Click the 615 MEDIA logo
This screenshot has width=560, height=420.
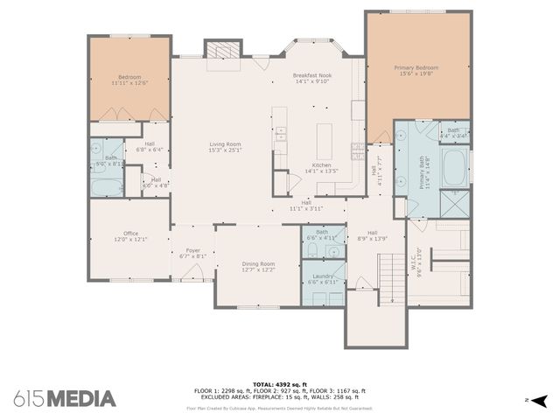click(x=65, y=398)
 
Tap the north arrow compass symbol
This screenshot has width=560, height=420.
click(x=539, y=400)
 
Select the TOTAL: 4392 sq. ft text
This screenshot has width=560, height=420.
click(x=280, y=384)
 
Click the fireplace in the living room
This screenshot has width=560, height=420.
click(x=220, y=51)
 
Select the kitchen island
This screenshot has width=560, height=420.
click(x=325, y=140)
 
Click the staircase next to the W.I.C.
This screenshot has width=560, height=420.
click(x=390, y=275)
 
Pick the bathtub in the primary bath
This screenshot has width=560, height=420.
click(x=454, y=167)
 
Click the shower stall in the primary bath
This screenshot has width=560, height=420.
click(x=455, y=204)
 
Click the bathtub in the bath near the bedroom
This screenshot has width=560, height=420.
click(x=108, y=187)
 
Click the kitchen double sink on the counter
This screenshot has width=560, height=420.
click(x=282, y=135)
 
